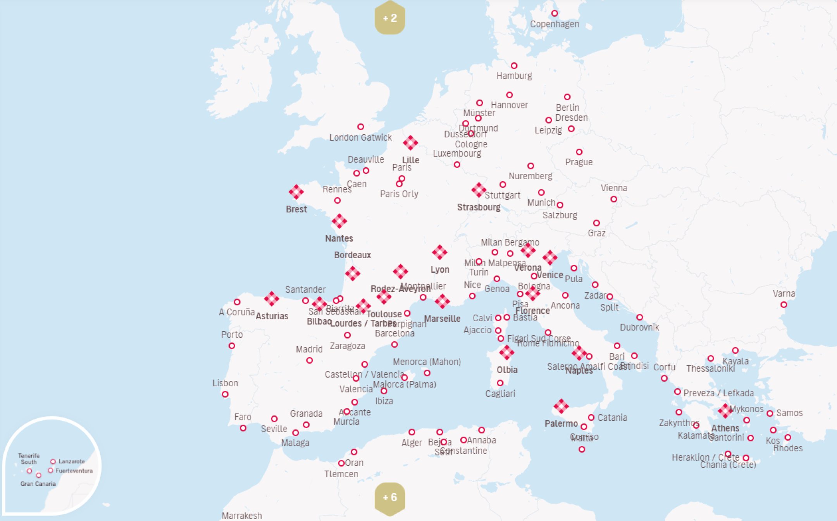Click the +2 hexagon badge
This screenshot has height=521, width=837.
coord(390,18)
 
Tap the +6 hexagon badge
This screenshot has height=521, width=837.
coord(390,497)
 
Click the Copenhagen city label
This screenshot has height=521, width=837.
coord(554,24)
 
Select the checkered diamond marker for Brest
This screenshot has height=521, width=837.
coord(296,192)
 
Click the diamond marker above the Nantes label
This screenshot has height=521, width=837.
coord(339,221)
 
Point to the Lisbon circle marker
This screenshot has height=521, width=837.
coord(225,394)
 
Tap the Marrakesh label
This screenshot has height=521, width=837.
coord(242,516)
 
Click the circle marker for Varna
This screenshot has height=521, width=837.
coord(784,305)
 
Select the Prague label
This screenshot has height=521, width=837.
coord(579,162)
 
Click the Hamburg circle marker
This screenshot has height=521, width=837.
coord(514,66)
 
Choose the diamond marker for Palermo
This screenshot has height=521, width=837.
coord(561,406)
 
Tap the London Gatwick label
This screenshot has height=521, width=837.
coord(360,137)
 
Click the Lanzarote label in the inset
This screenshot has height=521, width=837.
coord(71,461)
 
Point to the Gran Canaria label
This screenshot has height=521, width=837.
coord(38,484)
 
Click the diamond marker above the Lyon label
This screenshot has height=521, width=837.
coord(439,252)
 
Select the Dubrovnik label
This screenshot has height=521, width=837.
coord(639,327)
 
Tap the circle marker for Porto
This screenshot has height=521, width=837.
coord(232,346)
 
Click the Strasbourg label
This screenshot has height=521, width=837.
coord(479,207)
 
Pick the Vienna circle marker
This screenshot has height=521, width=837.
coord(613,199)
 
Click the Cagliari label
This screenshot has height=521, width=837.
coord(500,394)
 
